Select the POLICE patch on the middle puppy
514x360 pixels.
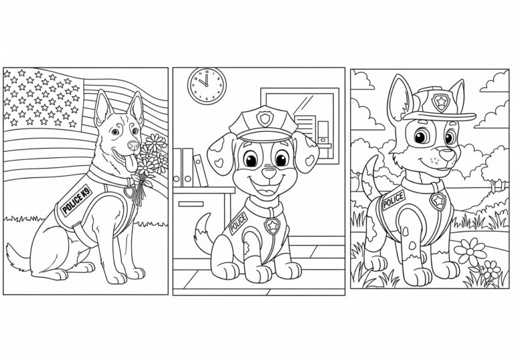tap(238, 223)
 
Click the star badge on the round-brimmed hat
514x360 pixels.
tap(440, 102)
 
